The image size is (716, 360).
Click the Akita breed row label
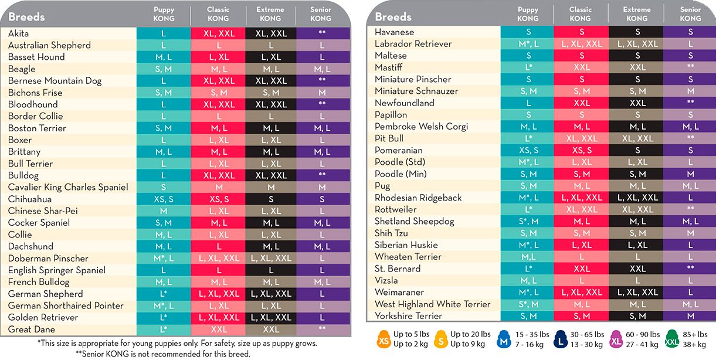(18, 33)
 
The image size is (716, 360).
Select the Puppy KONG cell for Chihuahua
(163, 199)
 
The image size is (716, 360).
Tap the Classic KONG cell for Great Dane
(218, 330)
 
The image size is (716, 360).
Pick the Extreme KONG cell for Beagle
(271, 69)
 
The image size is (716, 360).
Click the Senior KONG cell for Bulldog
(322, 175)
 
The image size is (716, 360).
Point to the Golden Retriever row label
(43, 317)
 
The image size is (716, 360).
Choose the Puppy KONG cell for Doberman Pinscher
(163, 259)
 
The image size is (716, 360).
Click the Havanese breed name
(394, 32)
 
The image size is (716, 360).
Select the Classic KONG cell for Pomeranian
(581, 151)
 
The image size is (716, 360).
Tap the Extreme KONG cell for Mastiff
(637, 67)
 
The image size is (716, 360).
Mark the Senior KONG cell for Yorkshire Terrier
(690, 316)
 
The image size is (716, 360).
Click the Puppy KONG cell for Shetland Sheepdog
(528, 222)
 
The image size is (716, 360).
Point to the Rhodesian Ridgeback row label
(418, 198)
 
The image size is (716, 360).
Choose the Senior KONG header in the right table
(690, 14)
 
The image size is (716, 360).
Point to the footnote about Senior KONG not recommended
(163, 354)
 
